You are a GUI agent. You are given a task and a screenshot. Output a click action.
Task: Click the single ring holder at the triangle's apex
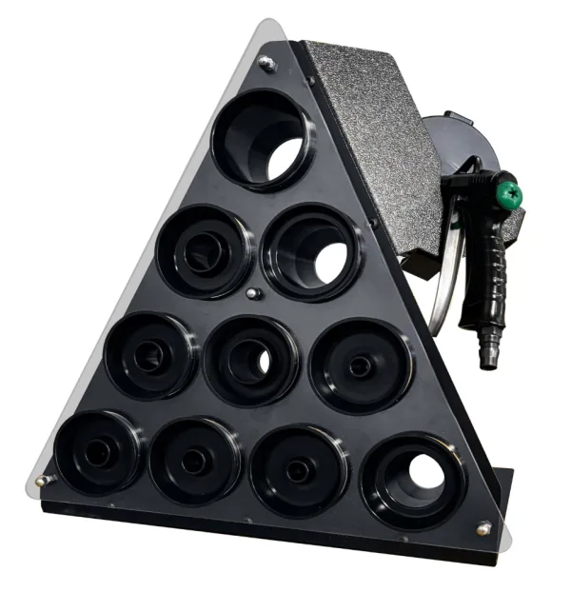263,140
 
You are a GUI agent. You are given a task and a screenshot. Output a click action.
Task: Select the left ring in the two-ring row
206,251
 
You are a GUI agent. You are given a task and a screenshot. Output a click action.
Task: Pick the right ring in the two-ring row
311,253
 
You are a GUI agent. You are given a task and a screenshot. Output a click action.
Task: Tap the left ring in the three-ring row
150,356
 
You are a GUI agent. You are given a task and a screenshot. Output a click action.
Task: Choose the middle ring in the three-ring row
251,360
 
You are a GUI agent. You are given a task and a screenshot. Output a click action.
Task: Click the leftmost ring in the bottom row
98,452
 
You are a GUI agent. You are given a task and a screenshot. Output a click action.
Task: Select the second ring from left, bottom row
194,461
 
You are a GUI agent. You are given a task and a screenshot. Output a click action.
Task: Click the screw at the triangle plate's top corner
267,63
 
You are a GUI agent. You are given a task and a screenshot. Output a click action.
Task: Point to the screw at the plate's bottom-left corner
43,481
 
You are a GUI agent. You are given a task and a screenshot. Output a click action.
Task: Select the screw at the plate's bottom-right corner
482,528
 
